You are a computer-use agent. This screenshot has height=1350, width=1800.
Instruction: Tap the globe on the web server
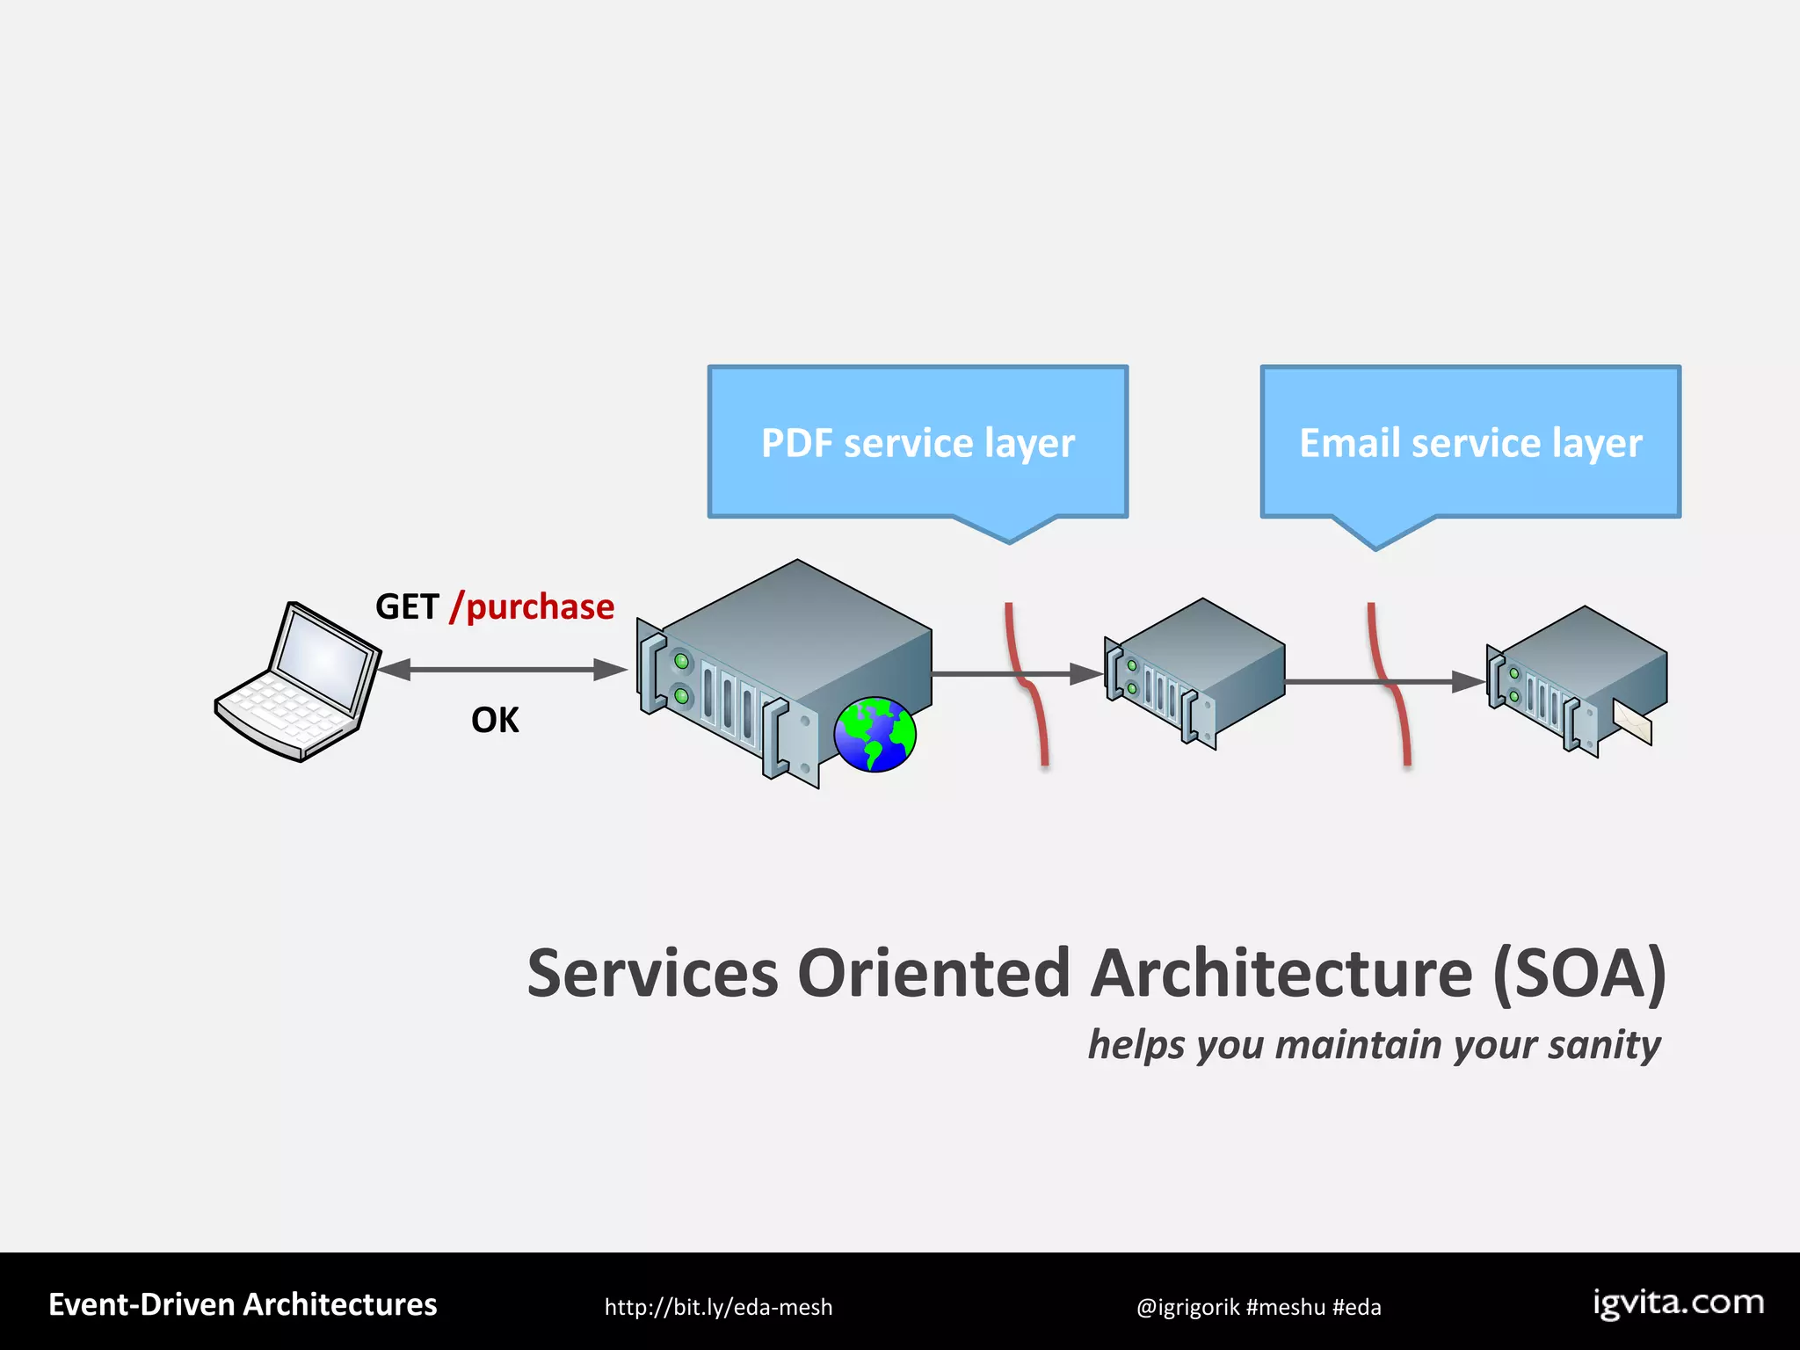click(875, 734)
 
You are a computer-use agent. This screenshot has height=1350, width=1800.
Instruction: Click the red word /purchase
click(533, 607)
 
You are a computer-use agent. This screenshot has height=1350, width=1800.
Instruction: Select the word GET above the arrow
click(406, 607)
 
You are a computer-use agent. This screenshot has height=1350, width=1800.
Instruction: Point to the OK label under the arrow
click(495, 721)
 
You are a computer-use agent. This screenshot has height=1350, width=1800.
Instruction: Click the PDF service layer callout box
click(918, 442)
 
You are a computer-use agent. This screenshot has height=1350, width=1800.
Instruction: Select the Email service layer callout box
click(1470, 442)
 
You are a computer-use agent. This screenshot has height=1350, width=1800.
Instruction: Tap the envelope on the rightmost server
click(1633, 722)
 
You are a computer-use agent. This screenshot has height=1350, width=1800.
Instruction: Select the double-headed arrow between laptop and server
click(501, 670)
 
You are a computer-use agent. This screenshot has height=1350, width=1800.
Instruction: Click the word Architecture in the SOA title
click(1281, 974)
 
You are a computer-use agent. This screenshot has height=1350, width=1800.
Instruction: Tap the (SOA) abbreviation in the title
click(1579, 974)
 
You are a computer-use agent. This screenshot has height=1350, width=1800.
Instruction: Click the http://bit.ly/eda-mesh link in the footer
click(718, 1307)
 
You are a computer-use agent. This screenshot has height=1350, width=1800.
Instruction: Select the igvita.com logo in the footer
click(1679, 1303)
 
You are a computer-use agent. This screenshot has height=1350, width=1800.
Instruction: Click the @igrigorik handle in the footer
click(1187, 1307)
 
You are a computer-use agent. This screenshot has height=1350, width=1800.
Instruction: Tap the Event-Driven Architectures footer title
click(243, 1304)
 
